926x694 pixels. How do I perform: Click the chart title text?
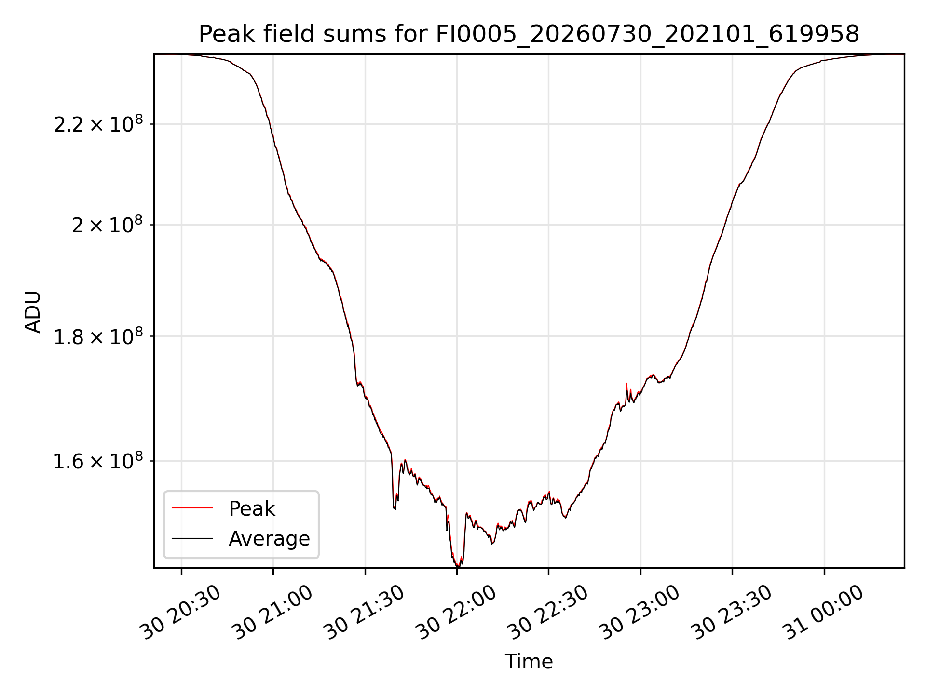[x=529, y=34]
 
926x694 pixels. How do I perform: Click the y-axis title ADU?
[x=33, y=311]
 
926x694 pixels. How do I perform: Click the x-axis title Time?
[x=529, y=661]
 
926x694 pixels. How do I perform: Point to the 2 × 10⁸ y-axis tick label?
[x=108, y=224]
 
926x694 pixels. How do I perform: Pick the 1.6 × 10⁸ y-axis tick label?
[x=98, y=460]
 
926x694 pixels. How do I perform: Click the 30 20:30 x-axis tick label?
[x=180, y=612]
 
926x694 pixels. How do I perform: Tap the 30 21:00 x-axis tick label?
[x=272, y=612]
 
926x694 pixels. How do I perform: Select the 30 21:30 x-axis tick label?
[x=364, y=612]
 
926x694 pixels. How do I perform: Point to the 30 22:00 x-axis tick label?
[x=456, y=612]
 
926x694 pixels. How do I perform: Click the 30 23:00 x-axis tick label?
[x=640, y=612]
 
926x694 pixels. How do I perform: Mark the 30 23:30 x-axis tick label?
[x=731, y=612]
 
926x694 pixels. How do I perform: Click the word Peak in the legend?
[x=252, y=508]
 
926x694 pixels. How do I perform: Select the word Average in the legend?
[x=269, y=538]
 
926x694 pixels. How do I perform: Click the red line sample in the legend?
[x=192, y=508]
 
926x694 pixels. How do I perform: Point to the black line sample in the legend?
[x=192, y=538]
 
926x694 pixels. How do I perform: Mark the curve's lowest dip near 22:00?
[x=457, y=565]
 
